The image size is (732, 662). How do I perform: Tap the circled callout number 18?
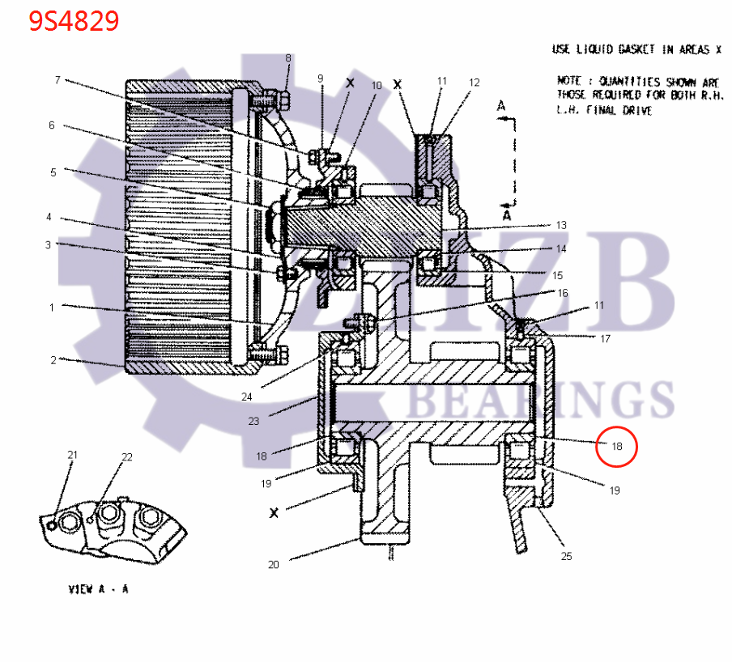(x=617, y=446)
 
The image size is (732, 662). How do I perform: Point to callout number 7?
(x=57, y=80)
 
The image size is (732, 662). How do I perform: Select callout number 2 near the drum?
(x=53, y=360)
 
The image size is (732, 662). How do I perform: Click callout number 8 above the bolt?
(x=287, y=58)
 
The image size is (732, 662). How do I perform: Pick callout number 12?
(x=475, y=83)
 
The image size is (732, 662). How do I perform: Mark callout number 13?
(x=561, y=225)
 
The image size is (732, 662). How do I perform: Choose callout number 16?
(x=562, y=292)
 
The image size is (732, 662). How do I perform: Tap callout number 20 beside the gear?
(x=274, y=564)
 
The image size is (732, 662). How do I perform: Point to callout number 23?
(x=253, y=421)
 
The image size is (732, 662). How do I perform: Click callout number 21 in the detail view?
(x=72, y=455)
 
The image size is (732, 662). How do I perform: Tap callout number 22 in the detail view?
(x=126, y=457)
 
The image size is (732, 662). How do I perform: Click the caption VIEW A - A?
(x=98, y=589)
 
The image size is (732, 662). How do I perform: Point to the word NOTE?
(x=571, y=82)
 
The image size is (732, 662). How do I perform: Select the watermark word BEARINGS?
(x=542, y=400)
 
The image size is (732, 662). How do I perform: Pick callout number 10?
(x=376, y=85)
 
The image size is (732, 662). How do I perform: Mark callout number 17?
(x=605, y=339)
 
